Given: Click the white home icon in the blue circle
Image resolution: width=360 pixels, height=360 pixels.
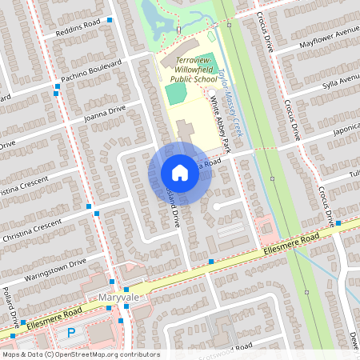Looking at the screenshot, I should [x=180, y=173].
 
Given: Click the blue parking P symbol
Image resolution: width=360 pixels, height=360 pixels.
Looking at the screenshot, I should [x=71, y=332].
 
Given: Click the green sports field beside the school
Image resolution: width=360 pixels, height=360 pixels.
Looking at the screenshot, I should [x=176, y=94].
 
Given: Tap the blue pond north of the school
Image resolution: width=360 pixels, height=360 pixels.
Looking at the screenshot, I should [x=153, y=14].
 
